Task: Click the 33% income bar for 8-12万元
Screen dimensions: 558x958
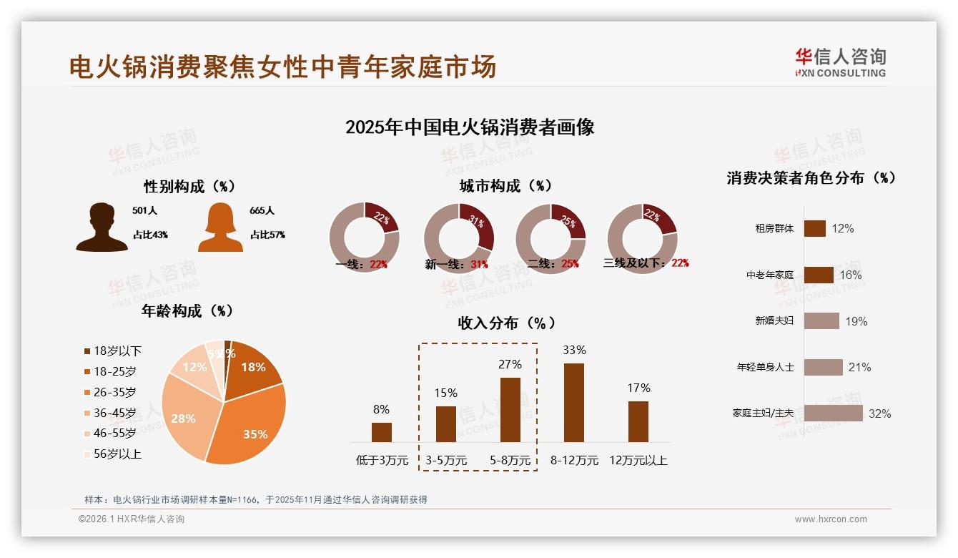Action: [x=574, y=402]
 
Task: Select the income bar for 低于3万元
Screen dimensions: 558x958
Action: [x=382, y=432]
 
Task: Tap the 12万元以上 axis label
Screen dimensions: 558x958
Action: [x=638, y=461]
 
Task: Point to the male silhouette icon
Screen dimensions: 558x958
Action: [x=102, y=227]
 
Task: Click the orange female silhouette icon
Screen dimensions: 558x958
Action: [x=220, y=227]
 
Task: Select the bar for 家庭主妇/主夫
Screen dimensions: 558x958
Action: [x=833, y=413]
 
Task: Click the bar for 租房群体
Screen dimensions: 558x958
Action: [x=815, y=228]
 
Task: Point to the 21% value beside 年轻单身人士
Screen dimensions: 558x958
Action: [x=859, y=367]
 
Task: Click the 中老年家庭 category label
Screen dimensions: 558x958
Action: [x=769, y=275]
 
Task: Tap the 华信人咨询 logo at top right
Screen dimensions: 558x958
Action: [x=840, y=62]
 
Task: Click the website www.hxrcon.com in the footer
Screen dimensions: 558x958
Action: [x=831, y=519]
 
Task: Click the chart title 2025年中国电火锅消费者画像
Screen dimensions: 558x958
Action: [x=470, y=127]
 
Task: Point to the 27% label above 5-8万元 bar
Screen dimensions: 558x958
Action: [x=510, y=364]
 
